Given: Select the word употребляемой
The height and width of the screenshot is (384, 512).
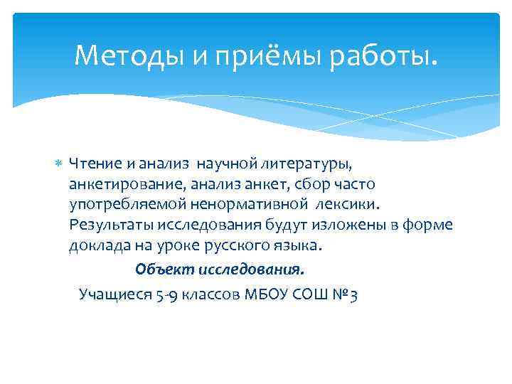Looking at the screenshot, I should click(x=127, y=206).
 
